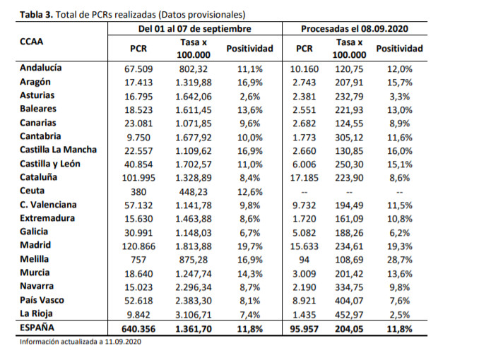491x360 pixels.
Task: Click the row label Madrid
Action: coord(35,245)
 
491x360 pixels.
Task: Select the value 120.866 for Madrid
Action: coord(138,246)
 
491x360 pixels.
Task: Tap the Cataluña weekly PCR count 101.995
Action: coord(138,178)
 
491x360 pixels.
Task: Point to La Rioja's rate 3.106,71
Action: coord(193,315)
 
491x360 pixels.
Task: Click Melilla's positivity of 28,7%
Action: coord(400,260)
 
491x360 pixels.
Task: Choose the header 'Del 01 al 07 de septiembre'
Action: coord(195,29)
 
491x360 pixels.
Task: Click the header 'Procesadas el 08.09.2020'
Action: coord(355,29)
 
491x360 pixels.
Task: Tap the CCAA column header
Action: coord(31,42)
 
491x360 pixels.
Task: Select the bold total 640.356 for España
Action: coord(138,329)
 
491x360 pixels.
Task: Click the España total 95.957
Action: coord(304,329)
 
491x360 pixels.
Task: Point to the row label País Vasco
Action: coord(42,300)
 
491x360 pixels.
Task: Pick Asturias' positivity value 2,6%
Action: coord(249,97)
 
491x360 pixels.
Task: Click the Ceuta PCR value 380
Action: coord(138,192)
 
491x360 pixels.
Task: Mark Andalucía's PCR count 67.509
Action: coord(138,69)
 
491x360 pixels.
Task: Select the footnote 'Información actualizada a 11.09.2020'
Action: coord(81,342)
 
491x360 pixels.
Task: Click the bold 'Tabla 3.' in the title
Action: coord(36,15)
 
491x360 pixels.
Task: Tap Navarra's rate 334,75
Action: coord(349,287)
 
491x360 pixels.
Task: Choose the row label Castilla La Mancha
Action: coord(58,150)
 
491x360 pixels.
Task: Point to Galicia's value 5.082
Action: coord(304,233)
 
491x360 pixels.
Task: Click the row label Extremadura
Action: coord(47,218)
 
